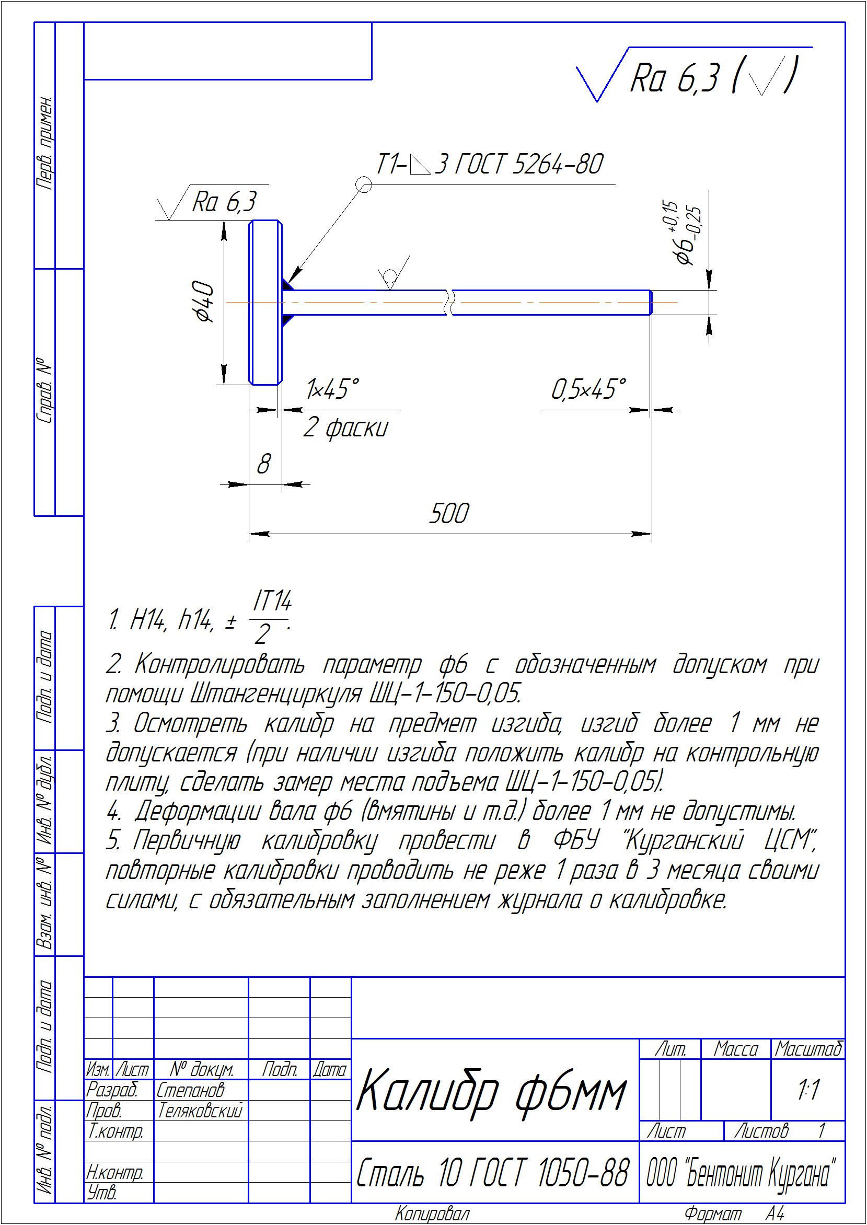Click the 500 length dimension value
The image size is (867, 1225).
449,514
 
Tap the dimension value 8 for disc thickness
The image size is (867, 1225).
264,464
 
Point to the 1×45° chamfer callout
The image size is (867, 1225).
332,389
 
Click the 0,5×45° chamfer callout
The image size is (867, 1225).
588,389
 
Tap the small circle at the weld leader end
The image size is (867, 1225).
364,185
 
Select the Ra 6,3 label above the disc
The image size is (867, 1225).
224,202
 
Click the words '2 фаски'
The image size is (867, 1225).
345,428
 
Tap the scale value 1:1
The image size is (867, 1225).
808,1090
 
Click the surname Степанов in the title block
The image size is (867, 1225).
191,1090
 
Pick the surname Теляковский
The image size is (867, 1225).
200,1110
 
